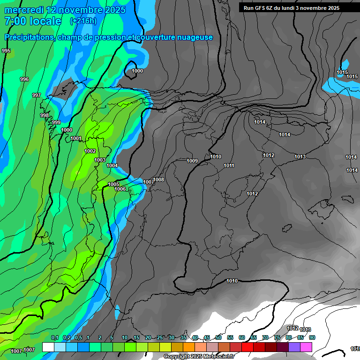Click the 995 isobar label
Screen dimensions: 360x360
(x=6, y=51)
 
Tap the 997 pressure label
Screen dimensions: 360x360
(x=37, y=95)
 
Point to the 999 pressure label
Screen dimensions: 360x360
(x=56, y=122)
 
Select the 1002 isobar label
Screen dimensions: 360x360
(x=90, y=151)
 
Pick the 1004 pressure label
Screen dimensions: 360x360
(x=112, y=165)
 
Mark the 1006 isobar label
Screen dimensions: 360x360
(x=120, y=189)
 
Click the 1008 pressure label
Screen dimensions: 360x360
(x=159, y=180)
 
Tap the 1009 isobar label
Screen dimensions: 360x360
(x=192, y=161)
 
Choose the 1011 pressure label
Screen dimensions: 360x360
(x=229, y=165)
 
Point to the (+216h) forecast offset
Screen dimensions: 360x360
(x=83, y=21)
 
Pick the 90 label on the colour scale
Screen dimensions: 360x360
(x=312, y=337)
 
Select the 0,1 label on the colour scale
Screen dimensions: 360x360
(x=55, y=337)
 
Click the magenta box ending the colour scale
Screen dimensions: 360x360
(x=306, y=347)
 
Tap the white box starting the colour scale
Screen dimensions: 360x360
(x=48, y=347)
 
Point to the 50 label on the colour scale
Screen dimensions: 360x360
(x=218, y=337)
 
